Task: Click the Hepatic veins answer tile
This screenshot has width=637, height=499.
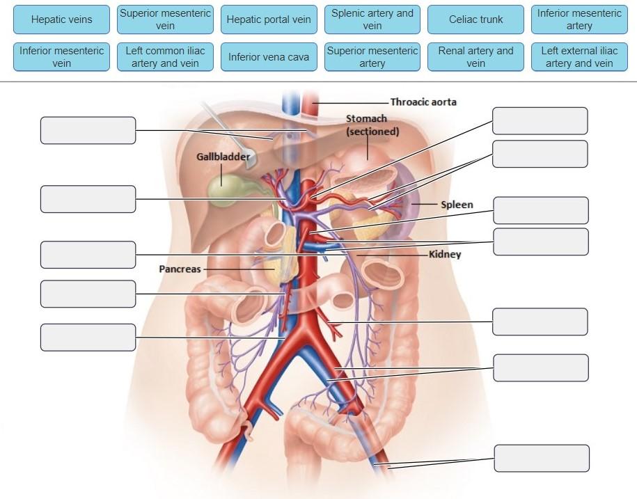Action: [x=61, y=19]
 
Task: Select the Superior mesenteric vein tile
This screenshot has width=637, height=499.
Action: [x=165, y=19]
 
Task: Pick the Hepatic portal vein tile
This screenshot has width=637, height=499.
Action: [x=269, y=19]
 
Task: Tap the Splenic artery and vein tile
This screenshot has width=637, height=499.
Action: [x=372, y=19]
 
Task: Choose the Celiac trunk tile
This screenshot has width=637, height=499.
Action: [x=476, y=19]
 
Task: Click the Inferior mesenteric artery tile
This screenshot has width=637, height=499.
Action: [x=579, y=19]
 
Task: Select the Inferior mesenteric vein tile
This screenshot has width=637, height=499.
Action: [x=61, y=57]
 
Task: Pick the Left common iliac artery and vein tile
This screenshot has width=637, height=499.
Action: [x=165, y=57]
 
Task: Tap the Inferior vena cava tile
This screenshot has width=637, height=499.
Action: [x=269, y=57]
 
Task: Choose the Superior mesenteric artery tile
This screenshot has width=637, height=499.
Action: [x=372, y=57]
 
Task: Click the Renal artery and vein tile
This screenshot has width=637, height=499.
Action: [x=476, y=57]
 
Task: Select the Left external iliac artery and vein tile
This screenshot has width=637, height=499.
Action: [x=579, y=57]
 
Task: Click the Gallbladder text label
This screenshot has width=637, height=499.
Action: [x=223, y=157]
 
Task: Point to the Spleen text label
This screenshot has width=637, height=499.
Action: [x=457, y=205]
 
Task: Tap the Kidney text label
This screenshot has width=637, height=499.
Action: [x=445, y=255]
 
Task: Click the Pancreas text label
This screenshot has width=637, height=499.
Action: [x=180, y=269]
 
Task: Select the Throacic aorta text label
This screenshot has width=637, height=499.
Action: [x=423, y=102]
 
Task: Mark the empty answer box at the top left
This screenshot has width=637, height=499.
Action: [x=88, y=130]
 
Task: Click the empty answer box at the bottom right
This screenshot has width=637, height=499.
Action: [x=542, y=458]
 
